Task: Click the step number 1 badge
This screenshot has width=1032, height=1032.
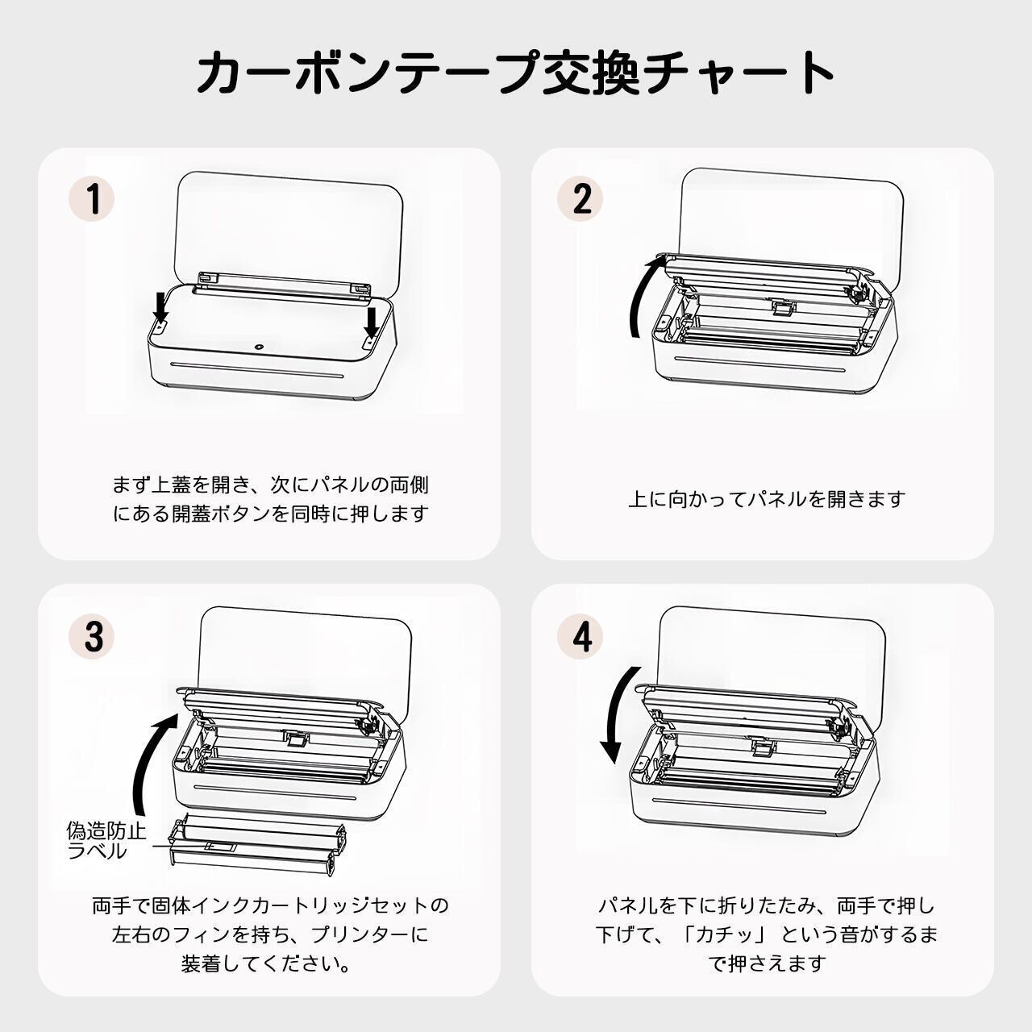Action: [x=92, y=198]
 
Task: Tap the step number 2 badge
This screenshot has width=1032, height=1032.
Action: [x=580, y=198]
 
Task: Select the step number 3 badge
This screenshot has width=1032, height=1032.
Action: [x=92, y=636]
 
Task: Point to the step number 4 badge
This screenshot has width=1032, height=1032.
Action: [x=580, y=636]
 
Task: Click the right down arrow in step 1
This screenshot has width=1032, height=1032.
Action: [x=371, y=323]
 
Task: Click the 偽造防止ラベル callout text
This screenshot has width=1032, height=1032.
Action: [x=106, y=840]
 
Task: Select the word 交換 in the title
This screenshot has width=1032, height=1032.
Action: [x=580, y=73]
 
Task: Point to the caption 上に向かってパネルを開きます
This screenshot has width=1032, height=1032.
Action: [x=767, y=499]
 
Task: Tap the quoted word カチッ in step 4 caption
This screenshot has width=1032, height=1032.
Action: [x=730, y=935]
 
